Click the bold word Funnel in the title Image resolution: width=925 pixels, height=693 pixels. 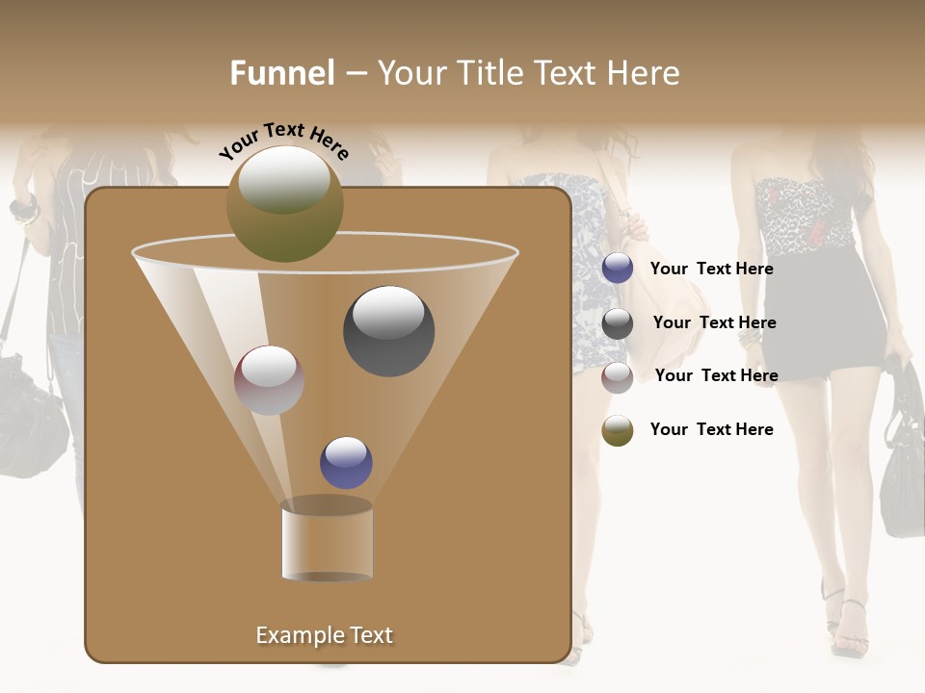[282, 73]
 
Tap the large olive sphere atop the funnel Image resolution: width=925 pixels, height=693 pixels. [284, 203]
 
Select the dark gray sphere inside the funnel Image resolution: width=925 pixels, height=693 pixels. [388, 331]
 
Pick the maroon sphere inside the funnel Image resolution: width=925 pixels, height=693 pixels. [269, 379]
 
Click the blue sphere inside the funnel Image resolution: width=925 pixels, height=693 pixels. [346, 462]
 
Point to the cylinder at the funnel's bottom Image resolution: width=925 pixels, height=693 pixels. [327, 541]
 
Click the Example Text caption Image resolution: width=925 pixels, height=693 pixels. [324, 635]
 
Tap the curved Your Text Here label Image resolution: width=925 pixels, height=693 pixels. [283, 141]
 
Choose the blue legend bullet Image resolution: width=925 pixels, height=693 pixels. [618, 269]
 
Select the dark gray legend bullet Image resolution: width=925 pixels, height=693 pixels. [618, 323]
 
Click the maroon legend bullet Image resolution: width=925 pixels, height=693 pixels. [618, 377]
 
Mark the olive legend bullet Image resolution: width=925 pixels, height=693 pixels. [618, 430]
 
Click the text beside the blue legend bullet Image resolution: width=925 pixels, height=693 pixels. [711, 269]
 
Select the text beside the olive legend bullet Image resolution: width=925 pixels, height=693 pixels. [711, 429]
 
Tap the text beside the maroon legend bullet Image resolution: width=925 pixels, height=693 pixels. [716, 375]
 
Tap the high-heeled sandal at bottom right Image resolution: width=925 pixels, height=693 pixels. [848, 630]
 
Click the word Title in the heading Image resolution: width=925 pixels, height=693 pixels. [491, 73]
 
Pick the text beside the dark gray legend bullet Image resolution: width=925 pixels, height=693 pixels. [714, 322]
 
